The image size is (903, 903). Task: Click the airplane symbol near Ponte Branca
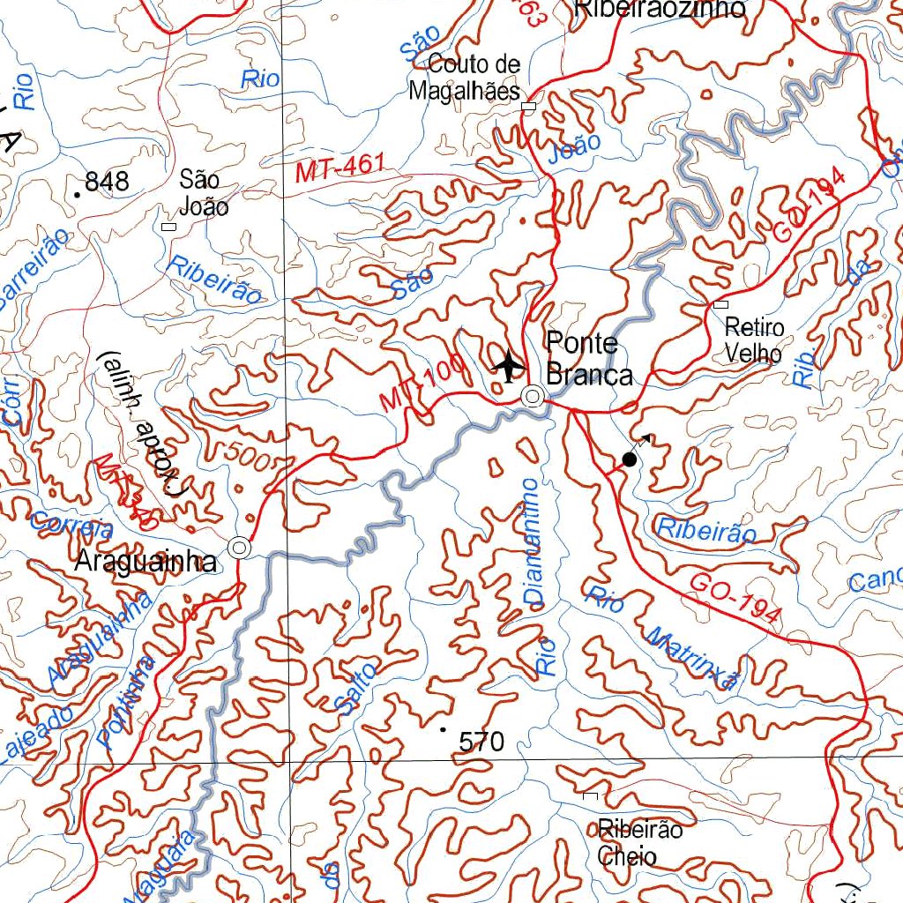(x=508, y=365)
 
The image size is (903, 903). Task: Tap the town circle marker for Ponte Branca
(x=533, y=397)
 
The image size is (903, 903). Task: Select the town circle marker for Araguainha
(x=239, y=548)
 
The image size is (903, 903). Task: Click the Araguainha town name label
(x=146, y=562)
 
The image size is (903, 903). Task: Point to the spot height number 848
(x=108, y=183)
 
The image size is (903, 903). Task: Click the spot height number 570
(x=481, y=743)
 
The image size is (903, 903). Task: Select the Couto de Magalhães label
(x=464, y=78)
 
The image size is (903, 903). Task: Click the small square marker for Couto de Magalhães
(x=528, y=107)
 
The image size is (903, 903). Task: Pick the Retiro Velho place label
(x=753, y=340)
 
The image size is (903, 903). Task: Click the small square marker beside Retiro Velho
(x=720, y=304)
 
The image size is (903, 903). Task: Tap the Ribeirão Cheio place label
(x=639, y=843)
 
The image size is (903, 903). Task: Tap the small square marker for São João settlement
(x=169, y=227)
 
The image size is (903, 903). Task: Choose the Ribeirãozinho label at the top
(x=660, y=9)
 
